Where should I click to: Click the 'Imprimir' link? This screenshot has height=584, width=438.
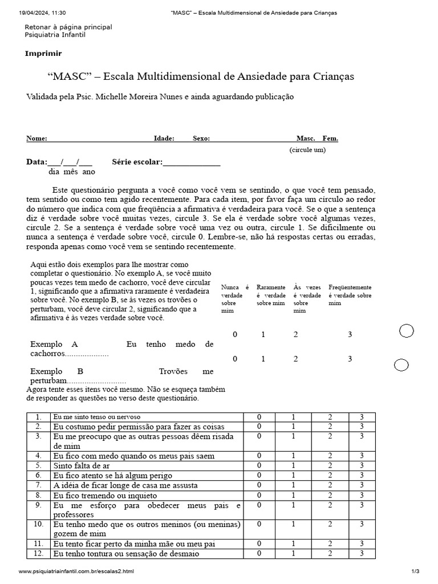click(x=43, y=54)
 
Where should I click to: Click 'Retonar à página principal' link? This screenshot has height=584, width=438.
click(x=68, y=27)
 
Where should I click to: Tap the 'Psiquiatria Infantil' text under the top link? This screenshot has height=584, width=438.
click(x=57, y=35)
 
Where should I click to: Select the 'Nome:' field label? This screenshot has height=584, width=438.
click(x=36, y=139)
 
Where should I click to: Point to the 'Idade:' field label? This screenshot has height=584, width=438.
click(x=164, y=139)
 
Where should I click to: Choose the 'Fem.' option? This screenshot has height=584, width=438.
click(x=330, y=139)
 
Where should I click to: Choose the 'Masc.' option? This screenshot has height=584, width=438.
click(x=306, y=139)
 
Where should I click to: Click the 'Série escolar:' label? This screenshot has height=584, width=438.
click(x=137, y=162)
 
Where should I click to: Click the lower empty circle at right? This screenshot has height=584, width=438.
click(x=401, y=365)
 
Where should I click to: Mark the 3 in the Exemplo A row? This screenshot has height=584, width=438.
click(x=350, y=335)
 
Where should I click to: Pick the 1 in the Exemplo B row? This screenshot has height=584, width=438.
click(x=263, y=359)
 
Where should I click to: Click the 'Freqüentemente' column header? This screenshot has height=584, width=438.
click(x=350, y=287)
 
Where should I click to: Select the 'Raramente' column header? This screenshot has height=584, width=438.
click(x=271, y=287)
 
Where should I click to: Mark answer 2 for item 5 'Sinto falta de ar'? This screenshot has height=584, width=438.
click(x=330, y=465)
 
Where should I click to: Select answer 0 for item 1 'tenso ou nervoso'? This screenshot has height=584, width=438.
click(x=259, y=417)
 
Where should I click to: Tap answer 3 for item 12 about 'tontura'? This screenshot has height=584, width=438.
click(x=362, y=553)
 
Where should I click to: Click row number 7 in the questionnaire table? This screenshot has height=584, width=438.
click(x=39, y=485)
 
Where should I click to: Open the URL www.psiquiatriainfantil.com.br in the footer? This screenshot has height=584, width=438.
click(x=76, y=571)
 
